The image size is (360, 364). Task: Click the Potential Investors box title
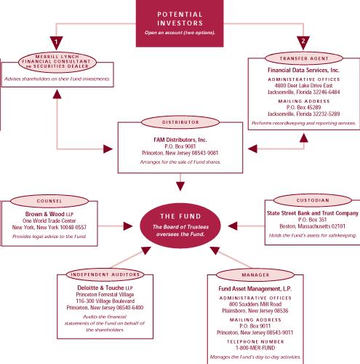point(180,19)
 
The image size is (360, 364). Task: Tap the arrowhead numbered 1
point(57,43)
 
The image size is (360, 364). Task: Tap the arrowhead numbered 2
point(303,42)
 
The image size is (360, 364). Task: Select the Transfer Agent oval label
point(304,58)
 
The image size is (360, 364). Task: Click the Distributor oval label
point(180,122)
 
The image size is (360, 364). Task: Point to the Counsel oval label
point(49,201)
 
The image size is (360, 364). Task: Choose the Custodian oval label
point(313,200)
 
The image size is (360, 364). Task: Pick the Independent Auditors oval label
point(105,274)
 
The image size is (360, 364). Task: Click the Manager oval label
point(255,275)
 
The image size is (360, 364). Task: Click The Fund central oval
point(180,226)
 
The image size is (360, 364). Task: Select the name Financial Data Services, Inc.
point(303,70)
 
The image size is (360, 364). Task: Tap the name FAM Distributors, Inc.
point(180,140)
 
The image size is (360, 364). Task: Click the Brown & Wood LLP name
point(49,214)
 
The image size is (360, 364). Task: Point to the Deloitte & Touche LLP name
point(105,288)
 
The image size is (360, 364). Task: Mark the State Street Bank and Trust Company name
point(313,213)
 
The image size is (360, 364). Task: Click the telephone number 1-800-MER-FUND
point(255,348)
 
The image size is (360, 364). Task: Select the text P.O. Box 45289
point(303,107)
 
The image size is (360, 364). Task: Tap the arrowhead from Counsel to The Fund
point(128,226)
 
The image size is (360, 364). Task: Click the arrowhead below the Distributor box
point(180,186)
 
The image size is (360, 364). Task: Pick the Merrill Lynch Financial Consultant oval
point(57,62)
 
